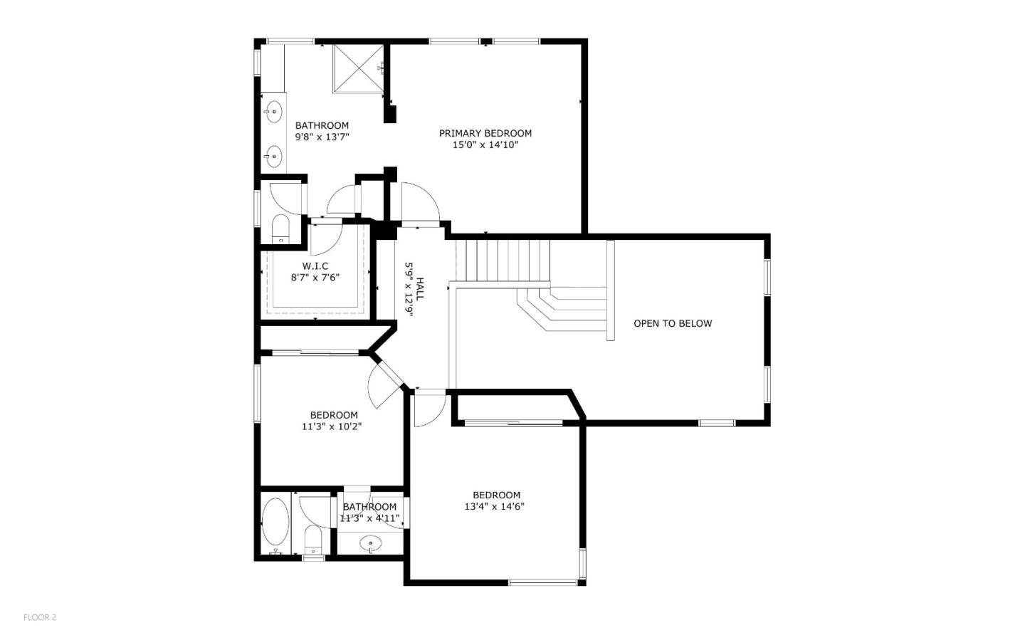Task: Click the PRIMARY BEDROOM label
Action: [485, 133]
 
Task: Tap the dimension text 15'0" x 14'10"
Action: [485, 145]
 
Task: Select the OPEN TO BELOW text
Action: [672, 323]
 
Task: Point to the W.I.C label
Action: [315, 266]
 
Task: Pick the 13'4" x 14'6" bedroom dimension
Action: [496, 507]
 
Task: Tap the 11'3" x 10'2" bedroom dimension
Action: [333, 427]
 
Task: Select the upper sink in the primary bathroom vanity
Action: [273, 111]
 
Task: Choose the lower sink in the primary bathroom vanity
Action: [273, 154]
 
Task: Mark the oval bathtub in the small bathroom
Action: [275, 522]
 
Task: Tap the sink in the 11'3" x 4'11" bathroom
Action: [370, 545]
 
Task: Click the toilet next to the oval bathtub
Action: [313, 539]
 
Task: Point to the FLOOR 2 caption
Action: [40, 617]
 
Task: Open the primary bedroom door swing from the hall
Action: [419, 203]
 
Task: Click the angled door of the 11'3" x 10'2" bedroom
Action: [383, 387]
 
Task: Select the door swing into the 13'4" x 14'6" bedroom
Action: [429, 409]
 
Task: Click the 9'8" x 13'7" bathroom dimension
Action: [322, 137]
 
